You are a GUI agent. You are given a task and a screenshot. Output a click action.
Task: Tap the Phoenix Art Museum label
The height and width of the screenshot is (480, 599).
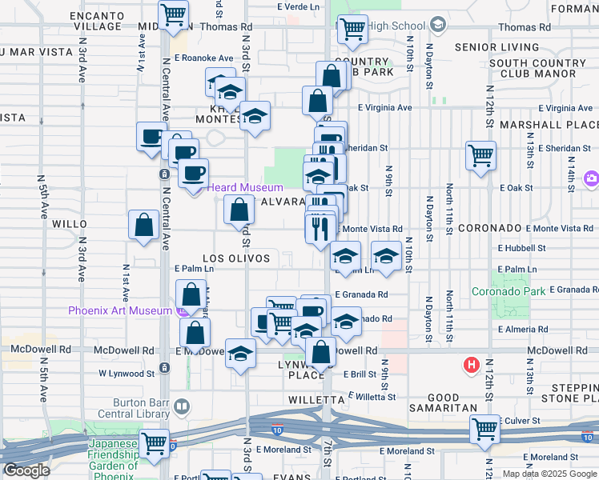[x=120, y=310]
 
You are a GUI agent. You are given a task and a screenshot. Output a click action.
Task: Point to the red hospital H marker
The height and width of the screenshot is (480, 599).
[x=472, y=366]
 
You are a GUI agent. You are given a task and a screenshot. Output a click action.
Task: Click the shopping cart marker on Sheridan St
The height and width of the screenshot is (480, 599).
[x=480, y=155]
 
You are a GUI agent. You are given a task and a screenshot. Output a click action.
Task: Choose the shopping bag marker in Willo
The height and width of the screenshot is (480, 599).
[x=144, y=225]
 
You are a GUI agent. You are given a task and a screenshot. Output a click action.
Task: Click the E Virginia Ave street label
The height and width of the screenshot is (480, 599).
[x=384, y=107]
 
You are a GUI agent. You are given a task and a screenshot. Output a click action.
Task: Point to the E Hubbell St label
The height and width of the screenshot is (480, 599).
[x=521, y=248]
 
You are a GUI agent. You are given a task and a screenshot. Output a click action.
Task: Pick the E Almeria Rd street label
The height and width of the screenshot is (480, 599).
[x=523, y=329]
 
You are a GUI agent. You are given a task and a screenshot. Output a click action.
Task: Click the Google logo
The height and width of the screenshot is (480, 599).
[x=26, y=470]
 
